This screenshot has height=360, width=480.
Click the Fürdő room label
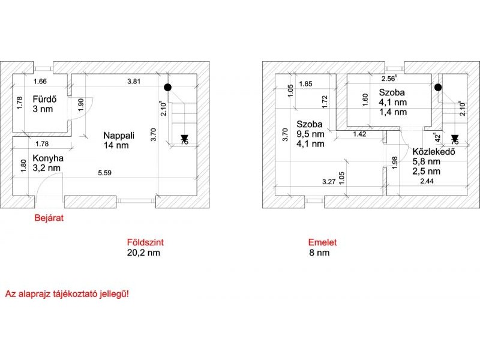(44, 99)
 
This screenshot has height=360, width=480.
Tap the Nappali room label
(119, 136)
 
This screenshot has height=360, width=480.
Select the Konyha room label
(48, 158)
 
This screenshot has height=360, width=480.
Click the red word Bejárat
(49, 218)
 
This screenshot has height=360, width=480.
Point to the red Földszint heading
(145, 242)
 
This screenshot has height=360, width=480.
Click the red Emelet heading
(322, 242)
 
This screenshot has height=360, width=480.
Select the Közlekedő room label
(434, 152)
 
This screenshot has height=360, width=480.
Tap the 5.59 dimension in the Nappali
(104, 173)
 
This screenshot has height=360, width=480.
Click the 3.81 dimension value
(134, 82)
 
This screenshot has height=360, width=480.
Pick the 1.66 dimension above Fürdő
(40, 82)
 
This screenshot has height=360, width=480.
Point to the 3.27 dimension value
(329, 182)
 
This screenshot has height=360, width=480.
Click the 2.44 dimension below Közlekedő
(427, 181)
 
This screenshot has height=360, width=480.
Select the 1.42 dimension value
(359, 134)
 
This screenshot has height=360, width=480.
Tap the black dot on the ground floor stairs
(167, 87)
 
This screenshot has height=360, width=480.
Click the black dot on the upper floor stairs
(438, 87)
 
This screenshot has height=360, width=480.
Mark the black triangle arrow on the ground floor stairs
(184, 139)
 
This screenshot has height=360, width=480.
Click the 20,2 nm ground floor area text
(143, 253)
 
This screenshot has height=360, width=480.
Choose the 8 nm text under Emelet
(319, 253)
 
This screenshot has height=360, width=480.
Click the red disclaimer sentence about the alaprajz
(67, 294)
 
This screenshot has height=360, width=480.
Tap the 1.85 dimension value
(305, 84)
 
